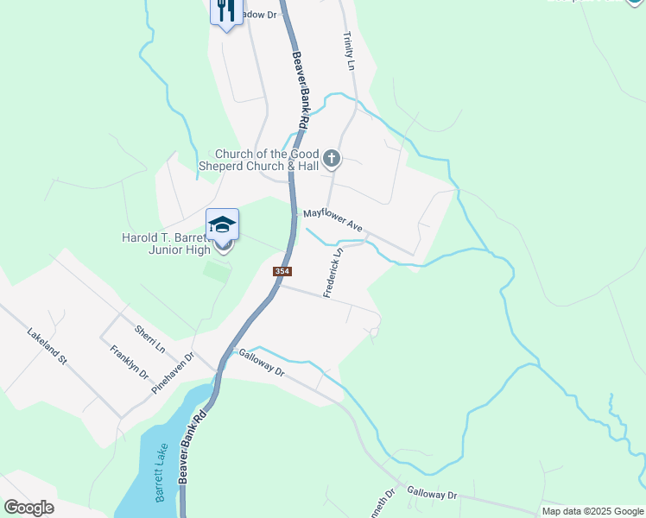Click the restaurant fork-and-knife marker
(226, 11)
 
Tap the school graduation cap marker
(222, 225)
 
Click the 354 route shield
(282, 271)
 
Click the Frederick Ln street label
(333, 273)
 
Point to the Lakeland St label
(47, 345)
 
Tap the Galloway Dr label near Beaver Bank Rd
(262, 363)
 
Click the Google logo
(28, 508)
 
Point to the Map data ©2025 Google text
(592, 511)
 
